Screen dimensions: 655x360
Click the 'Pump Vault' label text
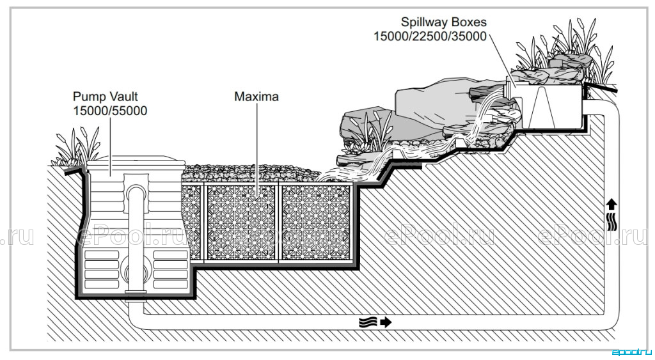coord(106,97)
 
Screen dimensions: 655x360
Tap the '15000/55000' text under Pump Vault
coord(110,111)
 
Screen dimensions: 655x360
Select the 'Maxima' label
coord(256,97)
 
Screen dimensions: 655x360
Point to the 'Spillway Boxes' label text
coord(444,22)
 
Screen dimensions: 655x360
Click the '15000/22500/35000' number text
coord(430,36)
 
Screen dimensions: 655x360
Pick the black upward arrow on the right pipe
coord(611,204)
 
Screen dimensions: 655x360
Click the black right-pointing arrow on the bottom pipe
coord(386,322)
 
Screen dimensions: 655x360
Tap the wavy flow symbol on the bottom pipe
coord(368,322)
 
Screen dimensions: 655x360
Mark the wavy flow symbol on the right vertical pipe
coord(611,220)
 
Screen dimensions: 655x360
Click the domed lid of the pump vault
coord(136,160)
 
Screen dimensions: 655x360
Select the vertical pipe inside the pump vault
coord(136,242)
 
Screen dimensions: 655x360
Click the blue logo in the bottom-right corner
coord(631,352)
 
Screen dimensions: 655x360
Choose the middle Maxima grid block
coord(241,223)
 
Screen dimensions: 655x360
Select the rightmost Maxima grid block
coord(316,223)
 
